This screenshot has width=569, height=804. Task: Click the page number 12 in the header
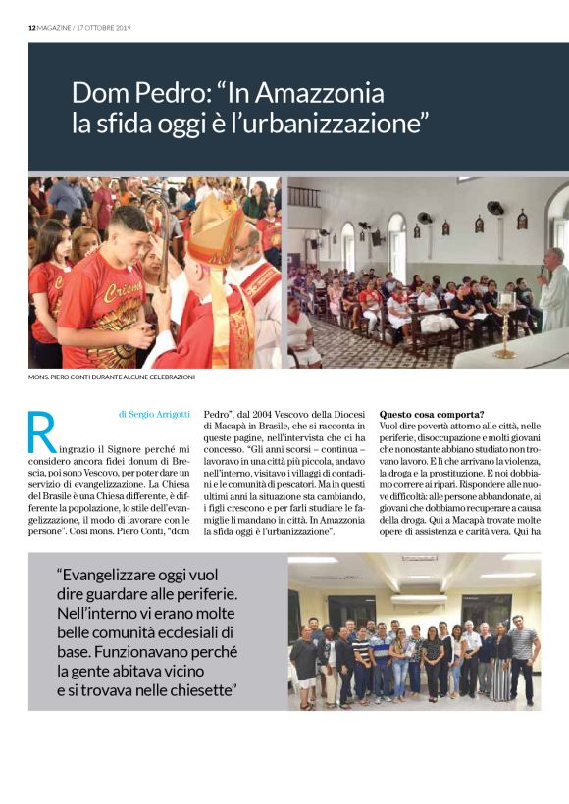31,28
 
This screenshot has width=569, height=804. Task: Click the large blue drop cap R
42,431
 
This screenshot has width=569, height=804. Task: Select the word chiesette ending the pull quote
201,690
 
